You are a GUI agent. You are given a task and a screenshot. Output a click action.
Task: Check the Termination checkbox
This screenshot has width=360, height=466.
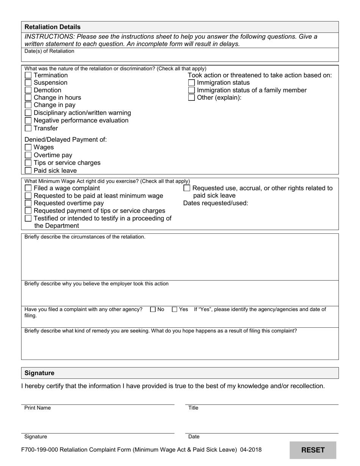click(28, 75)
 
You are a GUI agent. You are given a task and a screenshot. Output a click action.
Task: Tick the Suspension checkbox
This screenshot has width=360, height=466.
click(28, 83)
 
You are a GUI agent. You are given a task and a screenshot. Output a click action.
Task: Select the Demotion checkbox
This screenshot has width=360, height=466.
click(28, 91)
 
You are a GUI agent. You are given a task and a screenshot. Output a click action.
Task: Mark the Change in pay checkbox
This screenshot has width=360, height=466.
click(28, 105)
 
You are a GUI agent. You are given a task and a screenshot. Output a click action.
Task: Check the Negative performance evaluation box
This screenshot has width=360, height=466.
click(28, 120)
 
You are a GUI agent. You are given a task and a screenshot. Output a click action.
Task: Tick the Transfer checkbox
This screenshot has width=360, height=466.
click(28, 128)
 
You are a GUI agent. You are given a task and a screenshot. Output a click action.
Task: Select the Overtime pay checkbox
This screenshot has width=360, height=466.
click(28, 155)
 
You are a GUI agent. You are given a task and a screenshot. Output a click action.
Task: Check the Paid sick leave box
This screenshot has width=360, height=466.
click(28, 170)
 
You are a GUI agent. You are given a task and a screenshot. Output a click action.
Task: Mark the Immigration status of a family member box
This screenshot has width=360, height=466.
click(192, 91)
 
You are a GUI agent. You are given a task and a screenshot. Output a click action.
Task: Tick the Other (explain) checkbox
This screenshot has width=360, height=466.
click(192, 98)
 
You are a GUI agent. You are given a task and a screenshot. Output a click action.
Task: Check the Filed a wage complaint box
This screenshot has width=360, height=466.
click(28, 188)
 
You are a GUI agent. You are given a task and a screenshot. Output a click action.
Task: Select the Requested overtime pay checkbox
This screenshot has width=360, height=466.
click(28, 203)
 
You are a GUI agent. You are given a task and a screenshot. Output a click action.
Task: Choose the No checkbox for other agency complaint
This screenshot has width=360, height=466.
click(153, 310)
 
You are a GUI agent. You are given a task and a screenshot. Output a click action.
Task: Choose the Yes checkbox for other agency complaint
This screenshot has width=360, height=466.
click(175, 310)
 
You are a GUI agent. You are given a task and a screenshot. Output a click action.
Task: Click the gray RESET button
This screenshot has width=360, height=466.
click(313, 450)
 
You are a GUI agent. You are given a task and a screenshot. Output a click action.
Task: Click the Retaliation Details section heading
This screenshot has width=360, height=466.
click(52, 27)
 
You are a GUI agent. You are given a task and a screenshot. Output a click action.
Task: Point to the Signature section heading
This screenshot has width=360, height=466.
click(39, 373)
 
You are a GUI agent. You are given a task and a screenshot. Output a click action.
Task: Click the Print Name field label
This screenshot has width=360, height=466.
click(38, 408)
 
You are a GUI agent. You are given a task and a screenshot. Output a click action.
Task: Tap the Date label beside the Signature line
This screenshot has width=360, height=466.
click(194, 437)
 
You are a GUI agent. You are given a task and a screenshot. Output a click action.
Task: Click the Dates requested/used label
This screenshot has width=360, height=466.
click(216, 203)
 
